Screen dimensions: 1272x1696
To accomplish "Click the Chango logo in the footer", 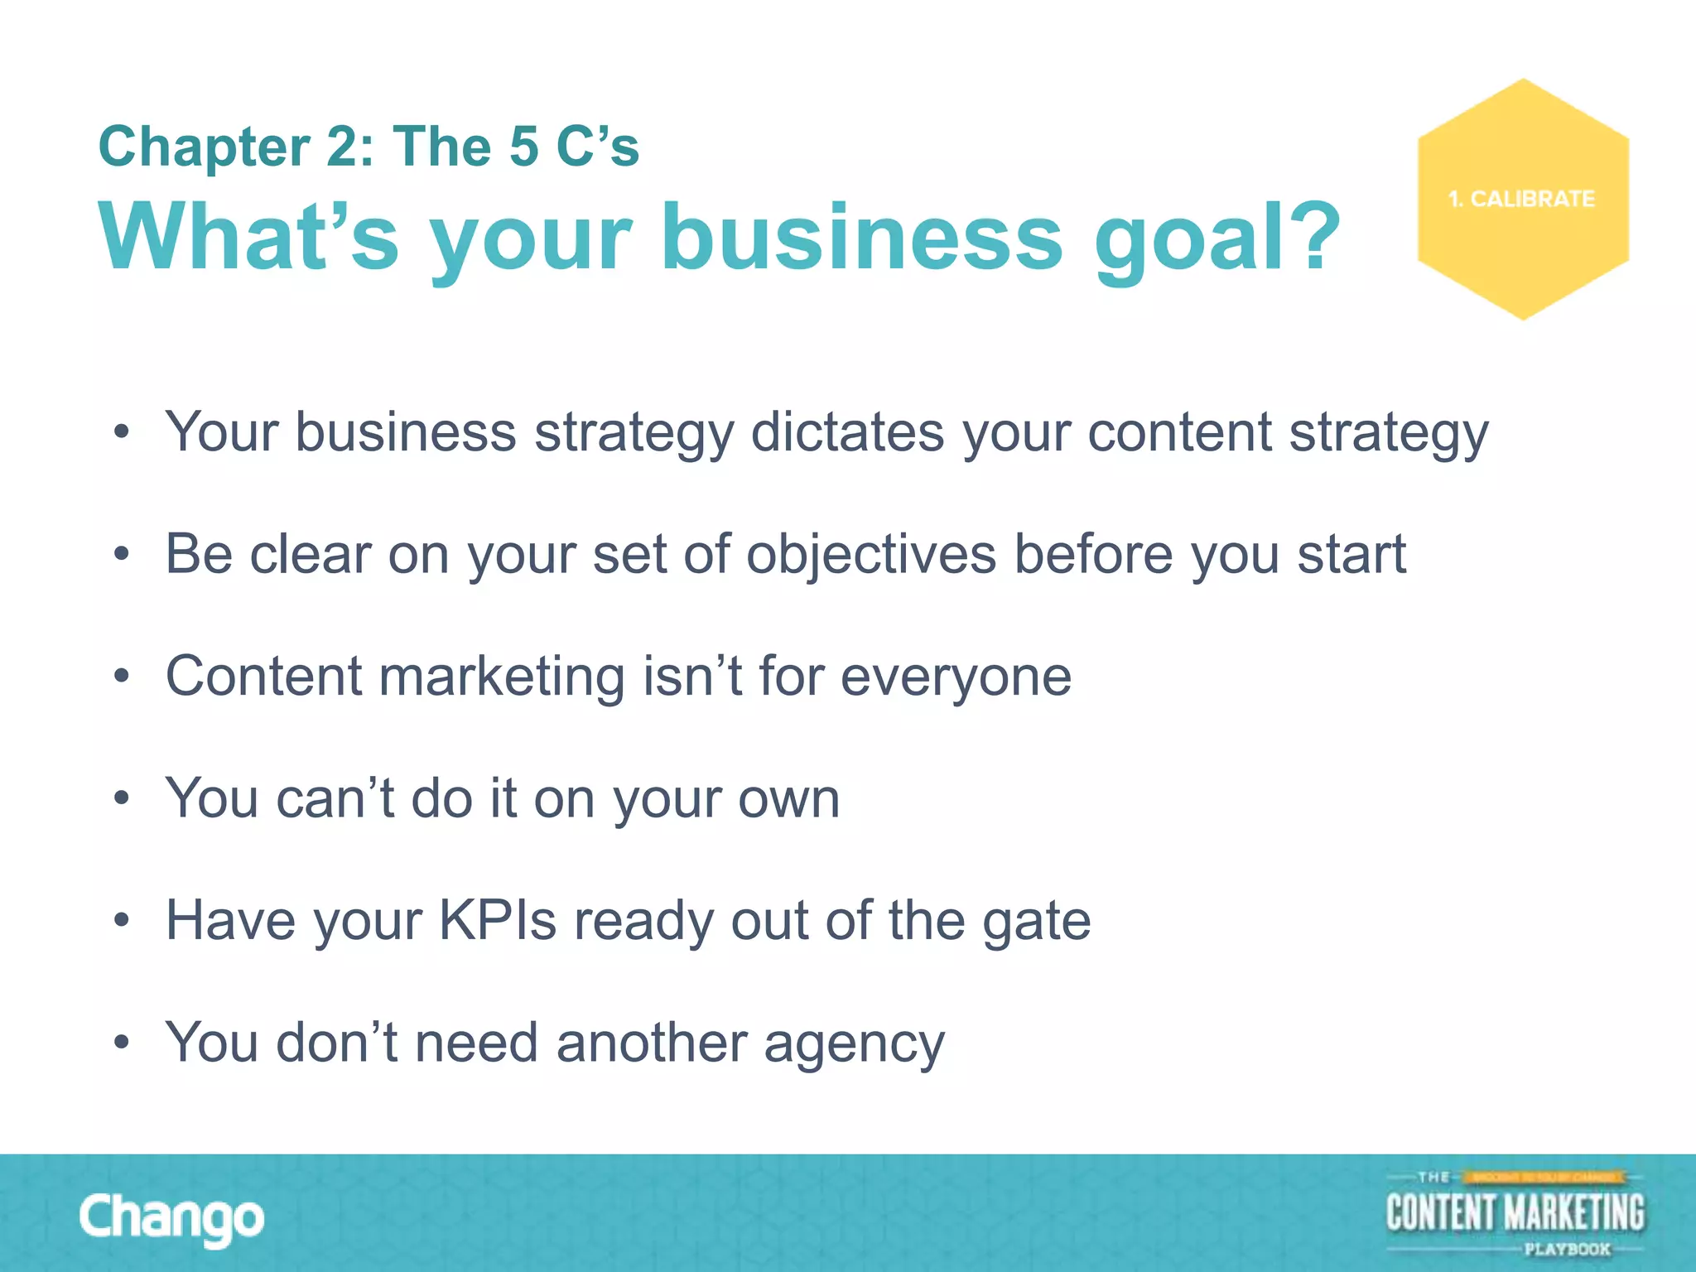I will (x=171, y=1218).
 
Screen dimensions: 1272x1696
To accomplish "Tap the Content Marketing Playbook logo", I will (x=1515, y=1214).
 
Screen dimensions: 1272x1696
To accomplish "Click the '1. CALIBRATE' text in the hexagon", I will (x=1521, y=200).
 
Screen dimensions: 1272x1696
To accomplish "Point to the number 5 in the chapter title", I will (x=524, y=147).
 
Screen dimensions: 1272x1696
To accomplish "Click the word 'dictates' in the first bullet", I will (x=847, y=432).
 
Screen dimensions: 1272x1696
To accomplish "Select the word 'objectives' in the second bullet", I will (x=871, y=554).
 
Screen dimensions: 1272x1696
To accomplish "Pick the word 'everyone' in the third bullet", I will (x=956, y=677).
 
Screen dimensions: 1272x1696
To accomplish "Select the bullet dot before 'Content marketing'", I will (x=122, y=677).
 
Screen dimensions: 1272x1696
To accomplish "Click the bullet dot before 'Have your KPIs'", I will (x=122, y=920).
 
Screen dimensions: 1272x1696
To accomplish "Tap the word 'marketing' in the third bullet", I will (x=502, y=677).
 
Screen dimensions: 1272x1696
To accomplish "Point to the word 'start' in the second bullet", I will (x=1351, y=554).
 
